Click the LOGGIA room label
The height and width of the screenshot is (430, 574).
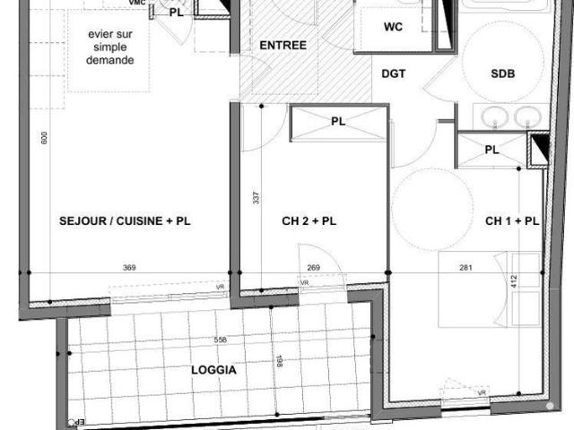214,369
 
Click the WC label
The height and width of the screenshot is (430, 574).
393,27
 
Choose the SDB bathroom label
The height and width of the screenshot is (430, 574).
503,75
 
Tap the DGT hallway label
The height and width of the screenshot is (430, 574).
395,74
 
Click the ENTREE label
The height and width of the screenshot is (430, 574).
283,46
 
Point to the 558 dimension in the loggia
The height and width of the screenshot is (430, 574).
220,340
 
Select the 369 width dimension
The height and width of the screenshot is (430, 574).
129,268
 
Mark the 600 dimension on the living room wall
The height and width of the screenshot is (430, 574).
43,137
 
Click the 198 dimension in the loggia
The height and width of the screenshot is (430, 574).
280,361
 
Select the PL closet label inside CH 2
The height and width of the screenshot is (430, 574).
337,122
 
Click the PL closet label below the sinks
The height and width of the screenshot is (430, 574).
491,150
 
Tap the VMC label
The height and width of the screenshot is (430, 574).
136,4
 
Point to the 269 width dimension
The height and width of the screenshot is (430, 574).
313,268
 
